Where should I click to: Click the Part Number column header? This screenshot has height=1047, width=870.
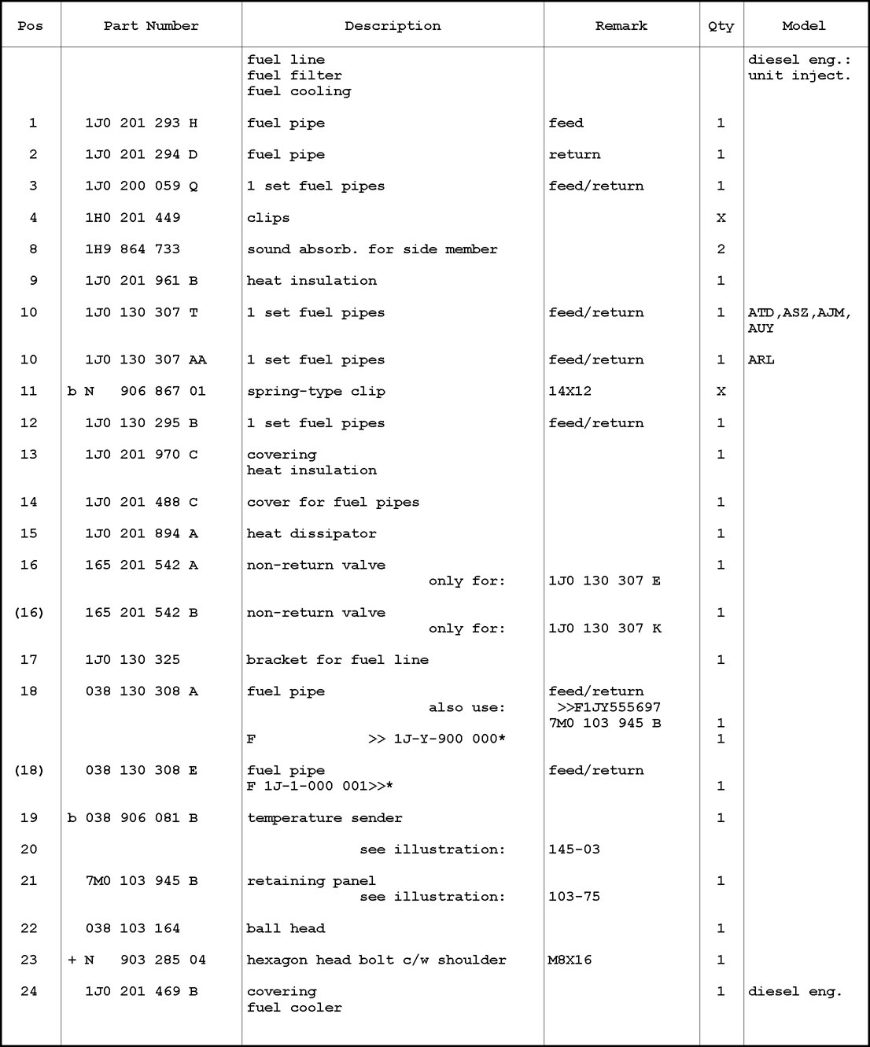click(151, 26)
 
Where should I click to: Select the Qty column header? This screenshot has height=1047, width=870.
click(721, 26)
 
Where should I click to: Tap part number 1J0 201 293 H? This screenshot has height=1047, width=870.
click(142, 123)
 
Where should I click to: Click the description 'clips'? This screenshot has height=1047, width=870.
click(268, 218)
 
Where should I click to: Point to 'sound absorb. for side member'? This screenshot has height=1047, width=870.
click(372, 249)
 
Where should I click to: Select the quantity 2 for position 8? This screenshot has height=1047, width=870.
click(721, 249)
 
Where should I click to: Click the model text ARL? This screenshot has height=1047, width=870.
click(761, 359)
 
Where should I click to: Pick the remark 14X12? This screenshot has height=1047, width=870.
click(570, 391)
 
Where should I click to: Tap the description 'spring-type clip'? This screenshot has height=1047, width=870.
click(316, 391)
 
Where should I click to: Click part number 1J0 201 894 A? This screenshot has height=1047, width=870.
click(142, 533)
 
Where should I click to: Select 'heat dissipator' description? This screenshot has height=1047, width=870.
click(312, 533)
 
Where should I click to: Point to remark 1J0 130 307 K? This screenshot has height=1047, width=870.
click(605, 629)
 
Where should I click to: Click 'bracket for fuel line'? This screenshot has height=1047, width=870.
click(337, 660)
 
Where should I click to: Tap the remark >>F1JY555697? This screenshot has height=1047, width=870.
click(609, 707)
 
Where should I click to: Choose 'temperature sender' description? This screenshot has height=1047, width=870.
click(325, 818)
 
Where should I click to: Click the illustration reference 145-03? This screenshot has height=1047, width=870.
click(574, 850)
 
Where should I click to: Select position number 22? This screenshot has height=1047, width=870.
click(29, 928)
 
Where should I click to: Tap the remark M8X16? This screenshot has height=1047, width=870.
click(570, 960)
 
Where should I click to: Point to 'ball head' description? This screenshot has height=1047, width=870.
click(286, 928)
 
